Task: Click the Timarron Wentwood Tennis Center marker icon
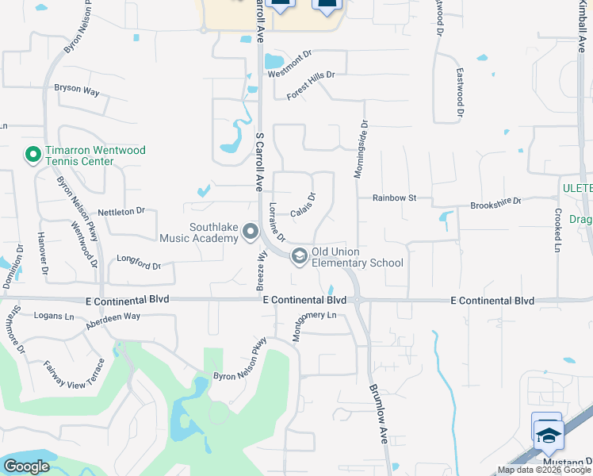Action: (33, 154)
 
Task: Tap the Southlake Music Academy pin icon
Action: (251, 232)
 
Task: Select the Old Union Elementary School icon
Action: (300, 255)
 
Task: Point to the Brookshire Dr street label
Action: (495, 202)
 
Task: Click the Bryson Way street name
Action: (77, 90)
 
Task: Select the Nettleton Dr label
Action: (121, 211)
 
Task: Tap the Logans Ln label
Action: (54, 315)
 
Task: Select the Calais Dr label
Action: (303, 206)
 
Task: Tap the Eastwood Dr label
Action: (459, 93)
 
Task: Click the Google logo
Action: (26, 466)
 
